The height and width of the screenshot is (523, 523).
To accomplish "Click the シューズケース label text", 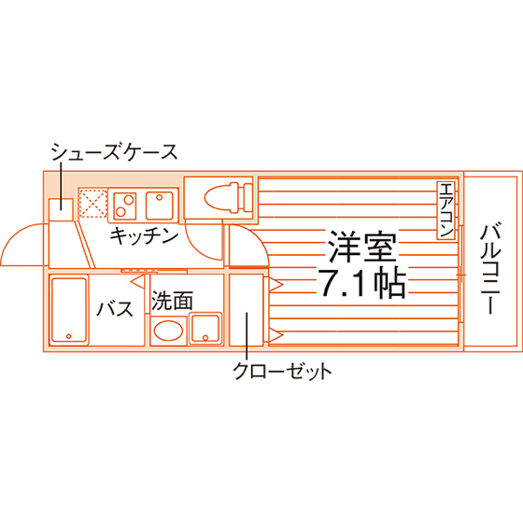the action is (114, 152).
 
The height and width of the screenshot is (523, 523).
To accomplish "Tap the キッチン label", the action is (144, 235).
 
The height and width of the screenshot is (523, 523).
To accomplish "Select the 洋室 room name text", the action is (362, 247).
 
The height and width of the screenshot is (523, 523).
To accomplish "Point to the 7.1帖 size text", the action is (362, 284).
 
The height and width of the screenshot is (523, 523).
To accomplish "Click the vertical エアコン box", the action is (446, 210).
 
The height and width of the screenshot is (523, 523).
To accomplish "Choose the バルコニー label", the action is (490, 270).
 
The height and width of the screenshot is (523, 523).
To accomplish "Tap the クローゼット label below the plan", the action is (282, 371).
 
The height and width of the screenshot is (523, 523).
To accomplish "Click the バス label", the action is (115, 308).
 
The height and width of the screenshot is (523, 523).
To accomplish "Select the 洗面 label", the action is (172, 300).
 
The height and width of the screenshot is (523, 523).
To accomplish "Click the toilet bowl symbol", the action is (228, 198).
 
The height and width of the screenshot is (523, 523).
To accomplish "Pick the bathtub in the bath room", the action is (69, 310).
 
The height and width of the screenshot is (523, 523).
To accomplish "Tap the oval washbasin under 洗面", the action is (168, 331).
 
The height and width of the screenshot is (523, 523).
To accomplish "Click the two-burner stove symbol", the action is (124, 205).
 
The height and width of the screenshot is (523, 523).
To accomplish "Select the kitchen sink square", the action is (160, 205).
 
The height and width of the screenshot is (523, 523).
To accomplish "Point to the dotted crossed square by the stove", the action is (92, 204).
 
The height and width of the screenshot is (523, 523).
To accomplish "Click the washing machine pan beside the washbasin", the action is (205, 328).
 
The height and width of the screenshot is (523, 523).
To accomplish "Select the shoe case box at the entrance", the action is (61, 209).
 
